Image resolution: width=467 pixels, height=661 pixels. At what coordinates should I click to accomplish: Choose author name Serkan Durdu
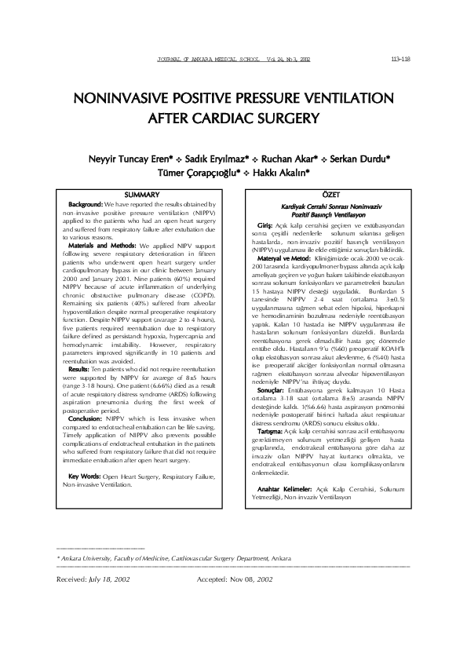360,158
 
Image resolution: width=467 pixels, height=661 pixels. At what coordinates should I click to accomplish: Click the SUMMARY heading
143,194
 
